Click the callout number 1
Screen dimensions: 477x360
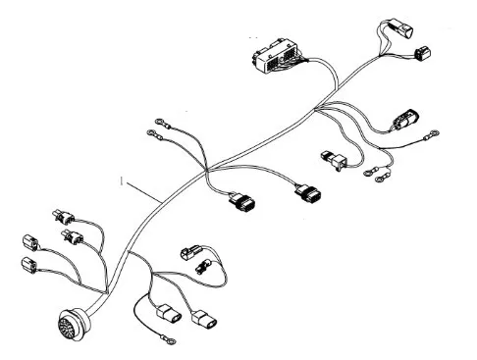point(122,180)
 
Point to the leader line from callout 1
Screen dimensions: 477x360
point(143,192)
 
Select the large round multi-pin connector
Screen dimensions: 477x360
point(74,324)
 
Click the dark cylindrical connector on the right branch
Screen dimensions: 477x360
point(405,119)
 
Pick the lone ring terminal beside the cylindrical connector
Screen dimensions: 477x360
point(431,135)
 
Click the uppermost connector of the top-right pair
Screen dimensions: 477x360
point(399,29)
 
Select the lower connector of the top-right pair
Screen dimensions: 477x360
point(423,53)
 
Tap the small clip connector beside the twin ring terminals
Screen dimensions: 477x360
point(335,160)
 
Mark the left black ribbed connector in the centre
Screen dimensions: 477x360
point(242,201)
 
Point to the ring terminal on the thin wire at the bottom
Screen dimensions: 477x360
point(168,338)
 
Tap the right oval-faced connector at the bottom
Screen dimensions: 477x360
point(204,318)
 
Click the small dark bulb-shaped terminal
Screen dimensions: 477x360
point(203,266)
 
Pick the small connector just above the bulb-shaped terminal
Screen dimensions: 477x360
point(190,251)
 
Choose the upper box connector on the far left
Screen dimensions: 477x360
point(30,242)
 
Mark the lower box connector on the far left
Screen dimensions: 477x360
point(28,265)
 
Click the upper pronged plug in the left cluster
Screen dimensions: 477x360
point(64,217)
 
